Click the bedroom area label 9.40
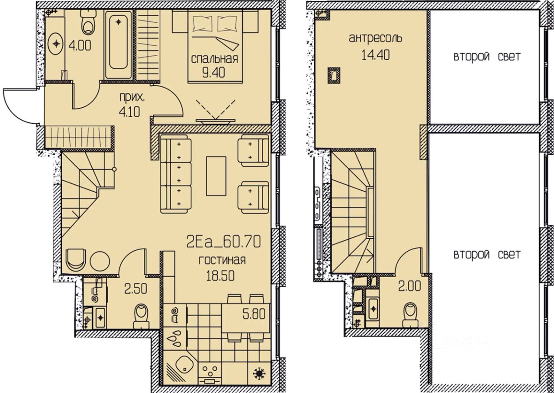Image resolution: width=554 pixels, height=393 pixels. (x=214, y=73)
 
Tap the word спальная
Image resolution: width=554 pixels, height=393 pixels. (x=214, y=59)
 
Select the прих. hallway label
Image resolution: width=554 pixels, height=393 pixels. (x=132, y=98)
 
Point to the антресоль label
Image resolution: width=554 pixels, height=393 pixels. (x=375, y=38)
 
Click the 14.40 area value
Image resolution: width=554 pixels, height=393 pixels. (x=376, y=55)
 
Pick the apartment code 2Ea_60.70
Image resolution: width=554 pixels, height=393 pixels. (x=223, y=242)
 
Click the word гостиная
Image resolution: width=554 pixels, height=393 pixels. (x=222, y=260)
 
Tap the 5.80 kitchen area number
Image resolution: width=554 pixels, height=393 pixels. (x=254, y=314)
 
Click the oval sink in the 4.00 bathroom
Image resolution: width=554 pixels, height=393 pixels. (x=57, y=44)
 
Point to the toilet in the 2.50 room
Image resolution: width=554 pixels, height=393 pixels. (x=142, y=316)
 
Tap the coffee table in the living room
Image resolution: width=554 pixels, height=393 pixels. (x=216, y=176)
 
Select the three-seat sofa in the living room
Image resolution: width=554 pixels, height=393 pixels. (x=176, y=174)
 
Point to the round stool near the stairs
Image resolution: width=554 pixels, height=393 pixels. (x=100, y=261)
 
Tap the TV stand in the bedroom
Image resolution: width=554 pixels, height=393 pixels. (x=216, y=121)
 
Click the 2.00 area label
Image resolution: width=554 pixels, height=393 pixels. (x=409, y=287)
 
